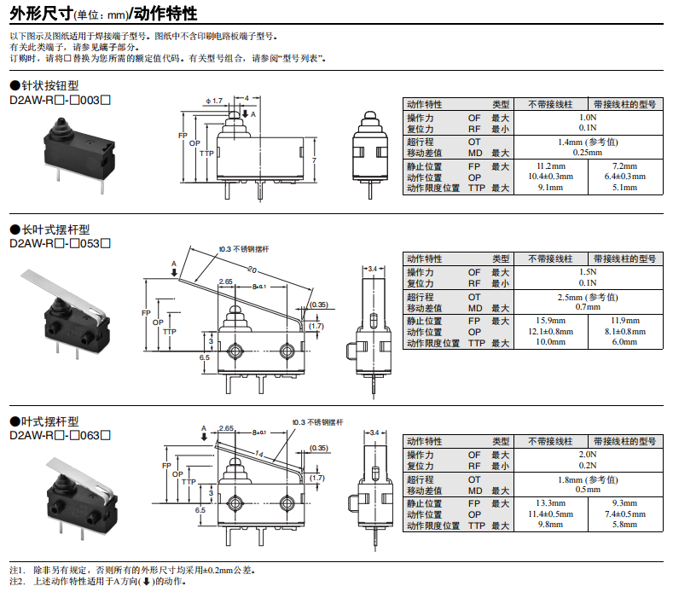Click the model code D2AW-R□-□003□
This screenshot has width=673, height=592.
[60, 100]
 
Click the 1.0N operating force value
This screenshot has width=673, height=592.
[588, 117]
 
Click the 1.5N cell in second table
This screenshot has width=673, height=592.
[588, 272]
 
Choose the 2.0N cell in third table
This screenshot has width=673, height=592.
[588, 455]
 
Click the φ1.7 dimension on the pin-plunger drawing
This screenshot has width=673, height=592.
[213, 101]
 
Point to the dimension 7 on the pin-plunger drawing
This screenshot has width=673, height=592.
[315, 160]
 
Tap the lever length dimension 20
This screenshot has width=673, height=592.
[252, 270]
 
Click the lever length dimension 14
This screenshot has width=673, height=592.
[258, 455]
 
